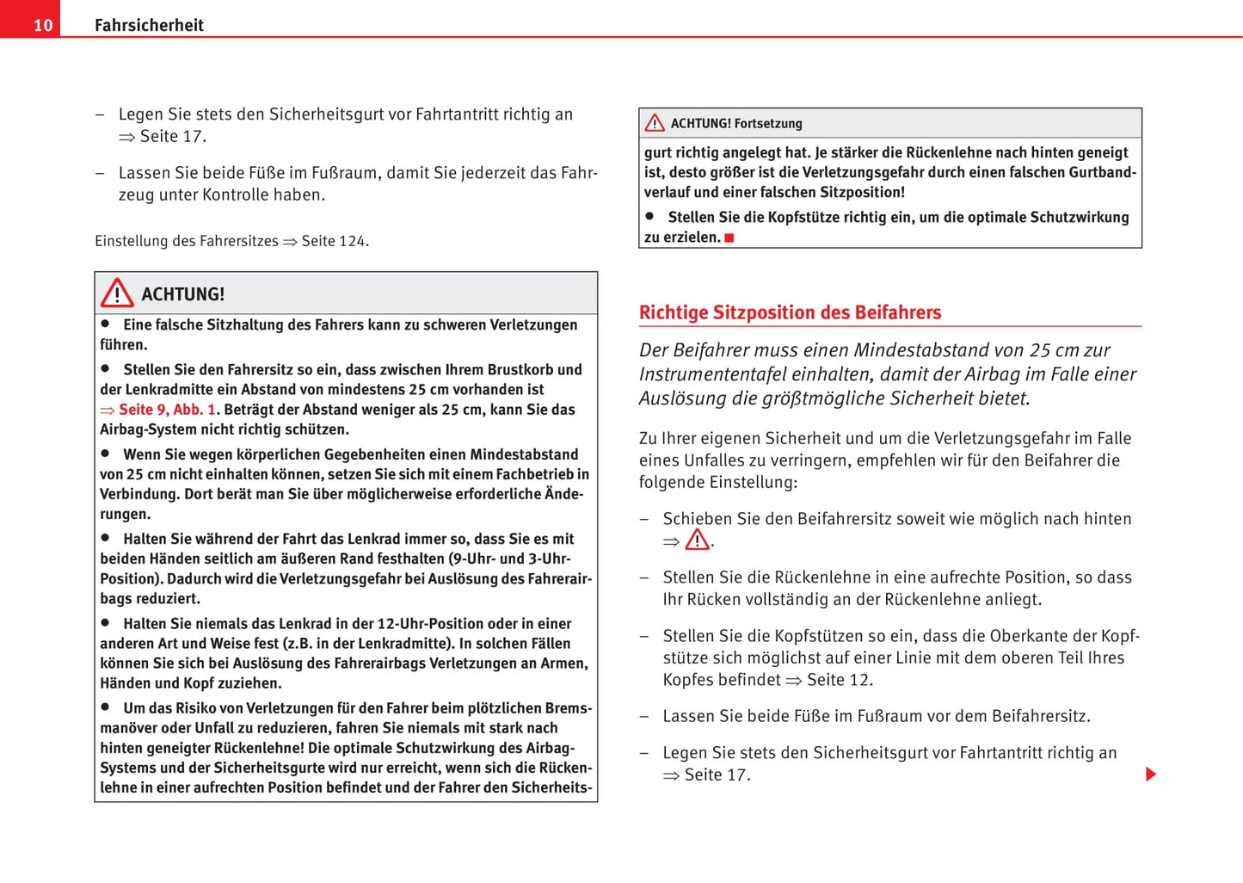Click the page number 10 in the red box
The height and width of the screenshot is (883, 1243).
(43, 25)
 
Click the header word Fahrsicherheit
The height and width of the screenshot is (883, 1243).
(149, 25)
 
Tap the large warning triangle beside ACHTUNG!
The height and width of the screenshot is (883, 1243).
(117, 293)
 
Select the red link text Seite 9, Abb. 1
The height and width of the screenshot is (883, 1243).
(167, 410)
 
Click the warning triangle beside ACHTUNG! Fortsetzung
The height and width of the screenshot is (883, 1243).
(655, 123)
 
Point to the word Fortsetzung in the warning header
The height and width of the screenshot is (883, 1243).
(768, 123)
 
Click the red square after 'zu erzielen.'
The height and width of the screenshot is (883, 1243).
(729, 238)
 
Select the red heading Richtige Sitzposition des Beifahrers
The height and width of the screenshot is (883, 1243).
(790, 312)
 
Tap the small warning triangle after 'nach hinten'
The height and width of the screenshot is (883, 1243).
(697, 540)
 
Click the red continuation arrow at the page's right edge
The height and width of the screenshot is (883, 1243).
(1151, 775)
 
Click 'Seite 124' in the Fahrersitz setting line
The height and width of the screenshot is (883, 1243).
(334, 241)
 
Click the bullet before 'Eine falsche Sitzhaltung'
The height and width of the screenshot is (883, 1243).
(106, 324)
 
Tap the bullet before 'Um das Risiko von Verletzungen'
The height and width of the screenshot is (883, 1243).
(106, 707)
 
